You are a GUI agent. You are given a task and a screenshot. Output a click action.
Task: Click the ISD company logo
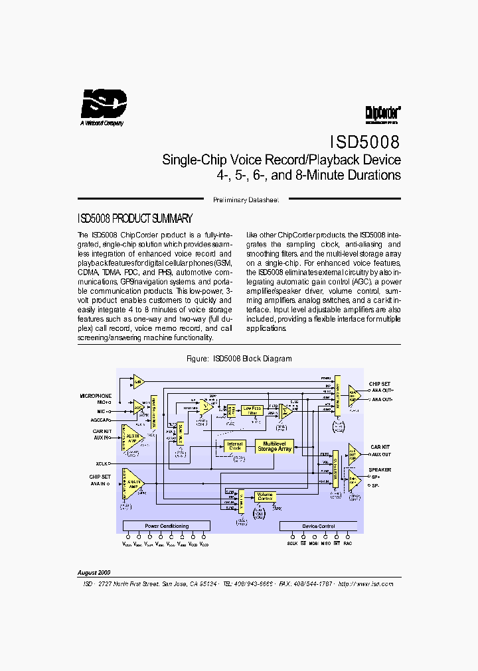coord(103,105)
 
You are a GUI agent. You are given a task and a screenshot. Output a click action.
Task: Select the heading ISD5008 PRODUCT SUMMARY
coord(135,218)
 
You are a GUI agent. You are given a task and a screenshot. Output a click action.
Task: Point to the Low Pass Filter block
coord(252,410)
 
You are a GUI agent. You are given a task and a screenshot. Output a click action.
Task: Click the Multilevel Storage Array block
coord(275,446)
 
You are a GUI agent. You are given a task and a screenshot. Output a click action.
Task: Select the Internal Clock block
coord(234,446)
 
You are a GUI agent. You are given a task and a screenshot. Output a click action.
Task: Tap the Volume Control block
coord(265,496)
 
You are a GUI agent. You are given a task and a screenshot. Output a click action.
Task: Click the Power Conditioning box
coord(167,526)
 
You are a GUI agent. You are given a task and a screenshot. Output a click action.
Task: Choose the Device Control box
coord(319,526)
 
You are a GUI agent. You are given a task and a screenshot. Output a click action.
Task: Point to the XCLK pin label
coord(102,463)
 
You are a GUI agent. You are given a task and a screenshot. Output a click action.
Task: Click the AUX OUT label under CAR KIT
coord(381,454)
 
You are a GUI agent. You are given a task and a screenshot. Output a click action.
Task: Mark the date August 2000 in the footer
coord(94,572)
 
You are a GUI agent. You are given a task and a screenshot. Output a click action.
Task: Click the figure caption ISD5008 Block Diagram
coord(239,359)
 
